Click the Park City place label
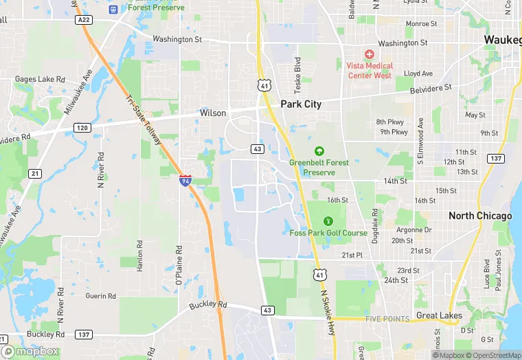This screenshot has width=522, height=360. coord(301,104)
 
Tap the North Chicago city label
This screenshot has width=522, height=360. coord(480,216)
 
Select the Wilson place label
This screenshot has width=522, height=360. coord(213,113)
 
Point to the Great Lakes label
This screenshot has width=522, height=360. coord(439,315)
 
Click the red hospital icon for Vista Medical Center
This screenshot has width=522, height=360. coord(369,54)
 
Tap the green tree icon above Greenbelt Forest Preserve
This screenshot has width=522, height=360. coord(319,151)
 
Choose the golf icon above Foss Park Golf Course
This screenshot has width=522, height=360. coord(328,221)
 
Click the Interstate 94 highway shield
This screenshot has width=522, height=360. coord(185,180)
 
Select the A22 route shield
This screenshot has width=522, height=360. coord(84,21)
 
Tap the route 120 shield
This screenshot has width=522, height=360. coord(82,128)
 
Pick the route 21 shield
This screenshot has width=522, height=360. coord(35,173)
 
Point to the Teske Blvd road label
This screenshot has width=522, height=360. coord(298,76)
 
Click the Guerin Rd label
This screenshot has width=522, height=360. coord(100,296)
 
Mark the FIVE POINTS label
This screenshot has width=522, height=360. coord(387,319)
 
